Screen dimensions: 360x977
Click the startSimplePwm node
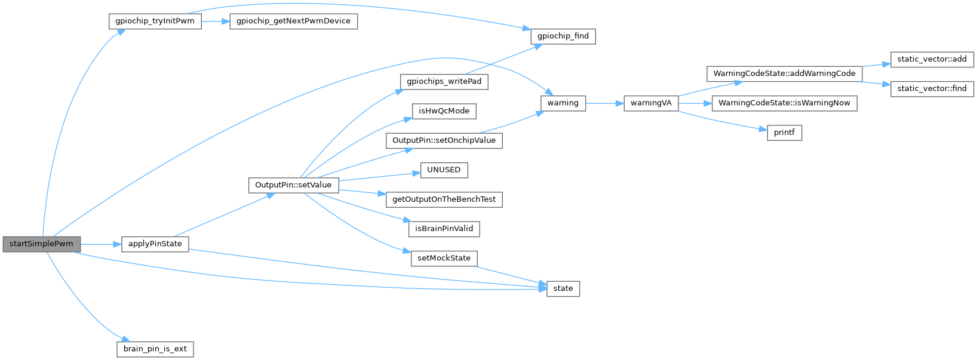[x=41, y=244]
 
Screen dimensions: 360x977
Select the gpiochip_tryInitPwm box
[x=155, y=21]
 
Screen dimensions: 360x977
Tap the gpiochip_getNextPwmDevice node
[x=293, y=21]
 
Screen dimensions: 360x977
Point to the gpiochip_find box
[x=563, y=36]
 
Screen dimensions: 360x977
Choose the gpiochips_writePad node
[x=444, y=81]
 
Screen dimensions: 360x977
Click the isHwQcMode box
[x=444, y=111]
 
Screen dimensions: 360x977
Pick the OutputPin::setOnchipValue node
[x=444, y=140]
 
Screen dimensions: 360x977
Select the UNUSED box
[x=444, y=170]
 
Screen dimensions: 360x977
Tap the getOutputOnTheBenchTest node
[x=444, y=199]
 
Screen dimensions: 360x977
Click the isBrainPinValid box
[x=444, y=229]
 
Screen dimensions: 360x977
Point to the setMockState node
[x=444, y=259]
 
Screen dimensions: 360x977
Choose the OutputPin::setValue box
[x=293, y=185]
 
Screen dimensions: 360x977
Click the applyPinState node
[x=155, y=244]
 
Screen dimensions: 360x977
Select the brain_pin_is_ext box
[x=155, y=349]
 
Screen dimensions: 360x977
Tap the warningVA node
[x=651, y=103]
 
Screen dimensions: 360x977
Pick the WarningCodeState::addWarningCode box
[x=784, y=73]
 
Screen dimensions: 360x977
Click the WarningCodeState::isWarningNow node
[x=784, y=103]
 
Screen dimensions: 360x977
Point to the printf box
[x=784, y=133]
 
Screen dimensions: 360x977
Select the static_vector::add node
[x=932, y=59]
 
